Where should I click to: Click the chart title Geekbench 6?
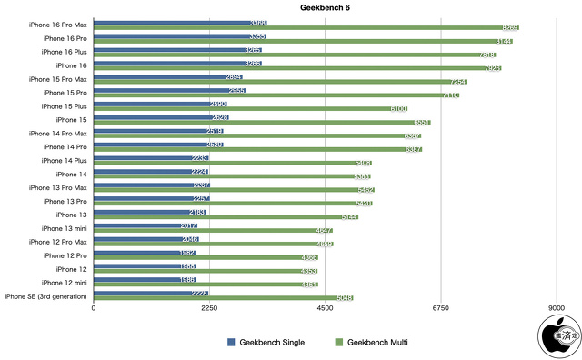[325, 7]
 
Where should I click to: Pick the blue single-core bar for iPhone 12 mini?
[145, 279]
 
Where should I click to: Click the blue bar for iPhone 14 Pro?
[158, 144]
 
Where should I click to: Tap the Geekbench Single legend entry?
[266, 343]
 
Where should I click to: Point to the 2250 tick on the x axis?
[209, 309]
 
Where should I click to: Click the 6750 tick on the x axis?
[441, 309]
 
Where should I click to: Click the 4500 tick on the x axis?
[325, 309]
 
